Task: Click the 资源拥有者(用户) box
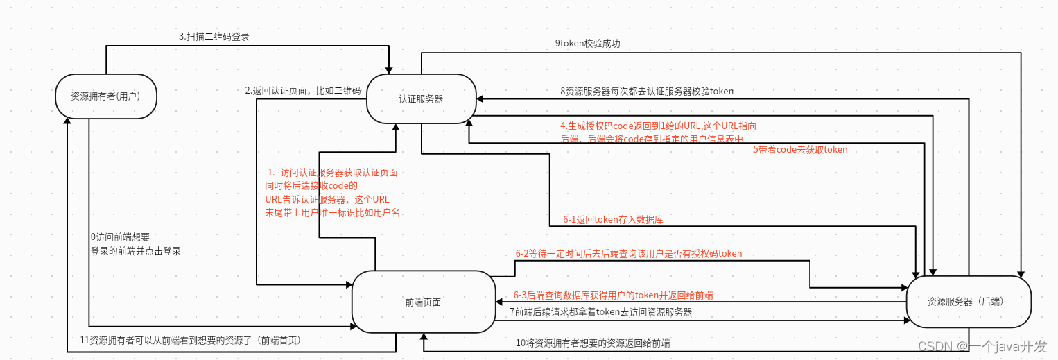106,96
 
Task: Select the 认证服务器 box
421,99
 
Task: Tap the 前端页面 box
423,302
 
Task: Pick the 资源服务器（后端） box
969,302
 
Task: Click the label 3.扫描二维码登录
214,37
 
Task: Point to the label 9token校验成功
587,43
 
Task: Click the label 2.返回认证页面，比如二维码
303,91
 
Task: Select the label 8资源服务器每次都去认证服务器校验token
646,91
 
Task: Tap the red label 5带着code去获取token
800,149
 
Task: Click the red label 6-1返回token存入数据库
613,220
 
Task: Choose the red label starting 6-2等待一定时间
628,254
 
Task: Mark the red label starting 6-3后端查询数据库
613,295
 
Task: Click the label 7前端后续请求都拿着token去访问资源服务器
600,312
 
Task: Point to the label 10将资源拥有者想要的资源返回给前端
592,343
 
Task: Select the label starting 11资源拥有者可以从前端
190,340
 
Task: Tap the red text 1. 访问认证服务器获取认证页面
332,172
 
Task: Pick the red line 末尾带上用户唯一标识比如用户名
333,213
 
